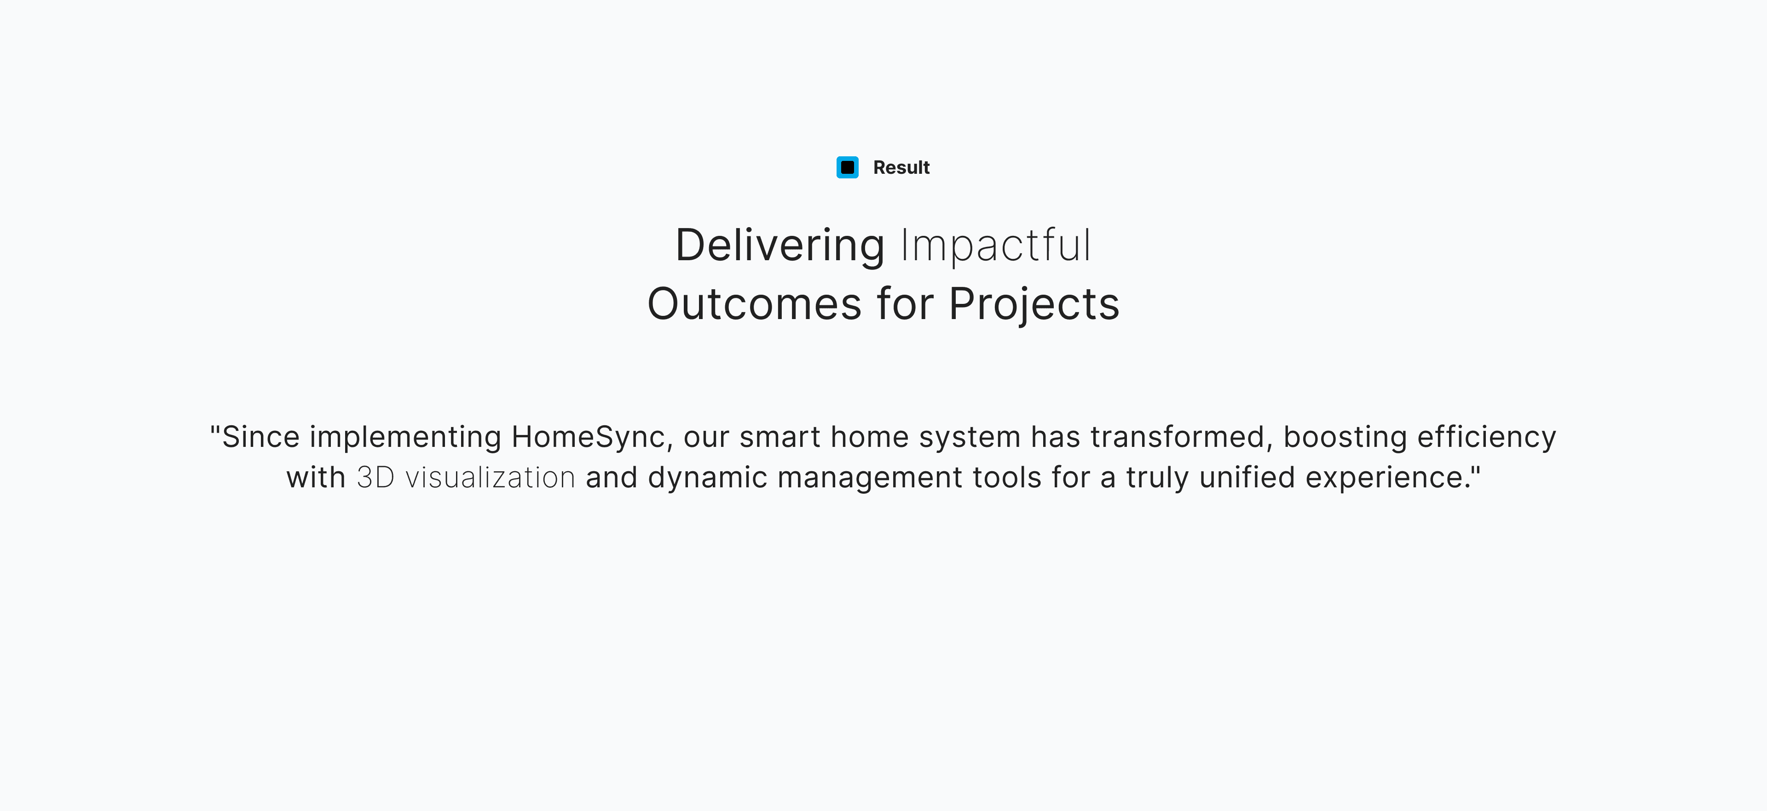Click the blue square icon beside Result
pos(847,167)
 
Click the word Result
pos(901,167)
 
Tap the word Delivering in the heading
pos(780,245)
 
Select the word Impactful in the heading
pos(996,245)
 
